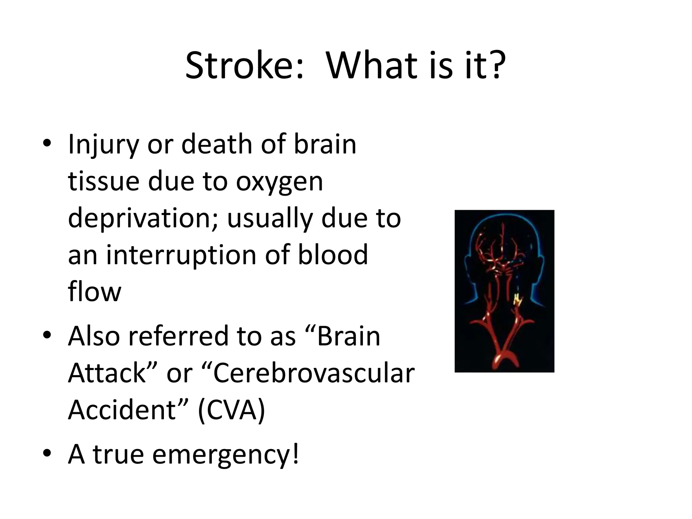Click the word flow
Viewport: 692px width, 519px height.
click(x=94, y=291)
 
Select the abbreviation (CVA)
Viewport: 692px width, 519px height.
click(x=231, y=411)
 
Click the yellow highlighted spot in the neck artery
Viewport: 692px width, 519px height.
click(x=517, y=299)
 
